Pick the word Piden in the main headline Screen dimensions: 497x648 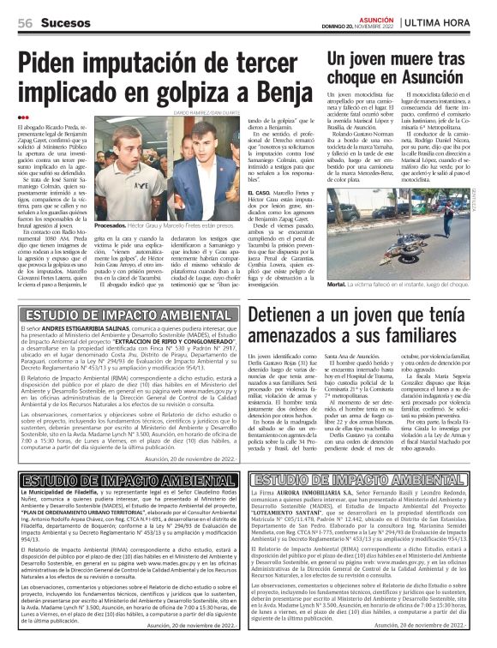point(54,63)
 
